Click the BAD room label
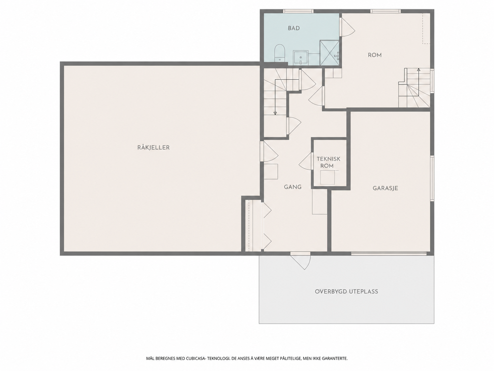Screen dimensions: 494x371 (294, 28)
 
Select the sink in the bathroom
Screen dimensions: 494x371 (301, 58)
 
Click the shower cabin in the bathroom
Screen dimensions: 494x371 (330, 53)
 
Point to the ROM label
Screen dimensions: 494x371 (375, 55)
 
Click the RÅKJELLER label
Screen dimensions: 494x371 (154, 148)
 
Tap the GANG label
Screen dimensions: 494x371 (293, 187)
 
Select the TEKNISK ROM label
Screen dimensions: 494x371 (328, 162)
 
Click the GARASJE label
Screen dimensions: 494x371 (385, 188)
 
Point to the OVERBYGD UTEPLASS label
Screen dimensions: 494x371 (346, 291)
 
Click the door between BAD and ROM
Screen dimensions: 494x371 (347, 27)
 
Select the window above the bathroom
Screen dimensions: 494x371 (298, 11)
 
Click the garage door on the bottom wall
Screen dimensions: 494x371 (389, 253)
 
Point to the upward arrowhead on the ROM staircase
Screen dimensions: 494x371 (418, 70)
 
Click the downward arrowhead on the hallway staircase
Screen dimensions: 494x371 (275, 113)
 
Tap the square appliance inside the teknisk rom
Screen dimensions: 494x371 (328, 178)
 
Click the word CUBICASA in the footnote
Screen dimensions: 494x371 (195, 358)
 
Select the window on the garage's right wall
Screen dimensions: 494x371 (432, 178)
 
